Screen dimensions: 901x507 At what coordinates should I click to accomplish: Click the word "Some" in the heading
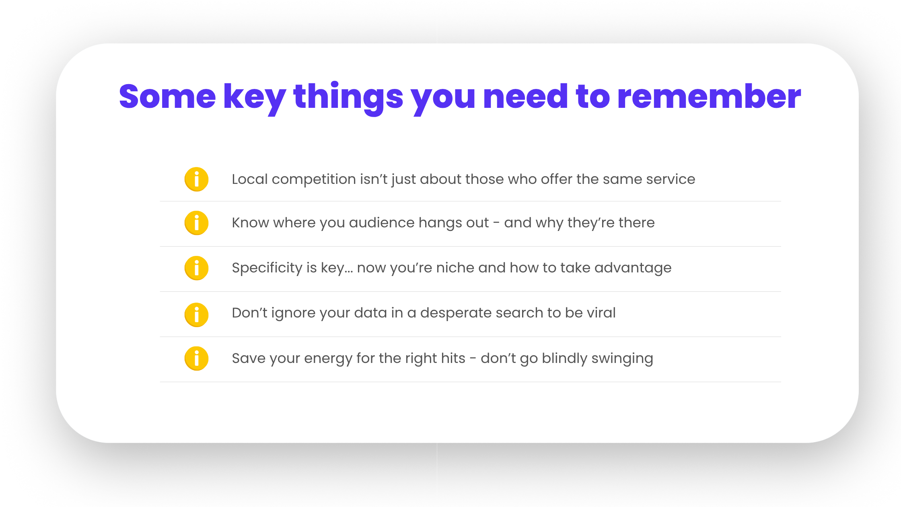[167, 97]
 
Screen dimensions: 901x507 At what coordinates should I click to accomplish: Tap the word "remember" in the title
[709, 97]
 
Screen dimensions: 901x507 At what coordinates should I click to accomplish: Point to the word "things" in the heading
[348, 99]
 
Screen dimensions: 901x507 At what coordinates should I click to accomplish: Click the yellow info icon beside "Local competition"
[196, 179]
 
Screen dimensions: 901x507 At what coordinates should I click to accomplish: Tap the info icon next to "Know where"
[196, 223]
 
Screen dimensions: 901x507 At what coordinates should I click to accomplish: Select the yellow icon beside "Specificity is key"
[196, 268]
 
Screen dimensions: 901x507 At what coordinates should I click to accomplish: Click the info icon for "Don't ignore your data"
[196, 315]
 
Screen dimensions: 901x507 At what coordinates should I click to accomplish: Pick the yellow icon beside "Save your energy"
[196, 358]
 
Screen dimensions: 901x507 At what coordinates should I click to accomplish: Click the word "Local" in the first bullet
[250, 179]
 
